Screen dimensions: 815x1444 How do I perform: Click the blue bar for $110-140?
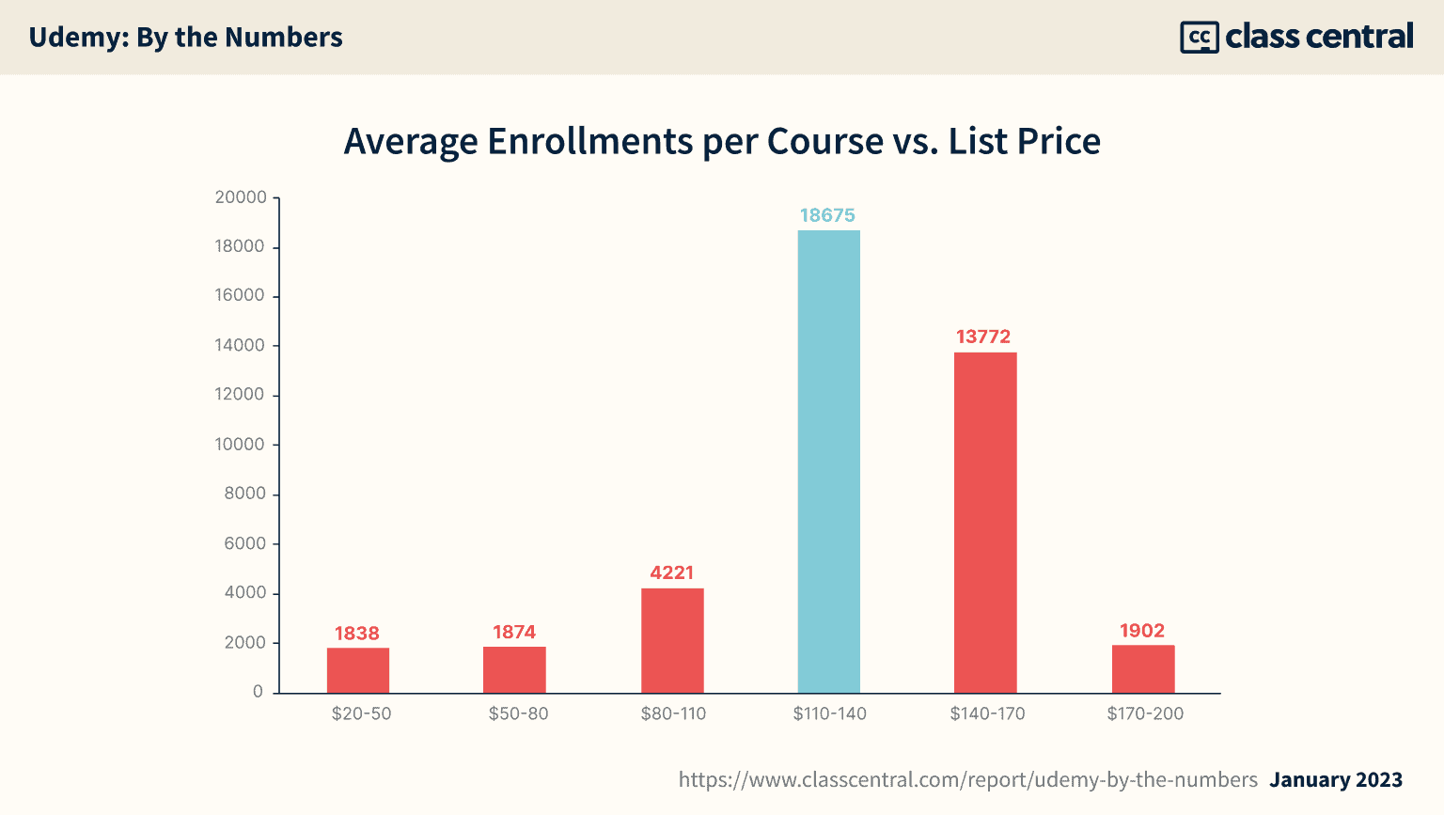pyautogui.click(x=828, y=462)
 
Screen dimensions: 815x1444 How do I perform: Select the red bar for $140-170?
pyautogui.click(x=985, y=523)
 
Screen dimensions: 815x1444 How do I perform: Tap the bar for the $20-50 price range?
pyautogui.click(x=358, y=670)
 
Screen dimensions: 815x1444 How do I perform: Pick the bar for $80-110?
pyautogui.click(x=672, y=640)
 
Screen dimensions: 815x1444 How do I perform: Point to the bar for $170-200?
pyautogui.click(x=1143, y=668)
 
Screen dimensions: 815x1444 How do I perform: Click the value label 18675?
pyautogui.click(x=827, y=215)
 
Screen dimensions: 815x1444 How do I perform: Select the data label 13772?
pyautogui.click(x=983, y=337)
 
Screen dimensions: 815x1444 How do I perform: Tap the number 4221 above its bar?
pyautogui.click(x=671, y=572)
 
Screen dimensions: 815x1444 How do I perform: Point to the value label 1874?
pyautogui.click(x=514, y=632)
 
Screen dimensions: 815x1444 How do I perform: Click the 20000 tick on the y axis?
pyautogui.click(x=241, y=197)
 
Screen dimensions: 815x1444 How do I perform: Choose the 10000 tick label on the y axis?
pyautogui.click(x=241, y=445)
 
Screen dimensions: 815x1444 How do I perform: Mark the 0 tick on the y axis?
pyautogui.click(x=258, y=692)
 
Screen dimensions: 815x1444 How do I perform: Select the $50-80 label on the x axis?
pyautogui.click(x=518, y=713)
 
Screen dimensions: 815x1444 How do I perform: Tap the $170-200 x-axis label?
pyautogui.click(x=1145, y=713)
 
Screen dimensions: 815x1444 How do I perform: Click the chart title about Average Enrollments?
pyautogui.click(x=722, y=141)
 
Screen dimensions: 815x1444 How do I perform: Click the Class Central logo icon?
pyautogui.click(x=1199, y=38)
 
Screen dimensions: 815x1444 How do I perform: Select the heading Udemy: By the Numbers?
pyautogui.click(x=185, y=38)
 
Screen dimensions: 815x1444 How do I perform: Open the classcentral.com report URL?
pyautogui.click(x=967, y=779)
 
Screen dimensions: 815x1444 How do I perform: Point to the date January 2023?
pyautogui.click(x=1336, y=779)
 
